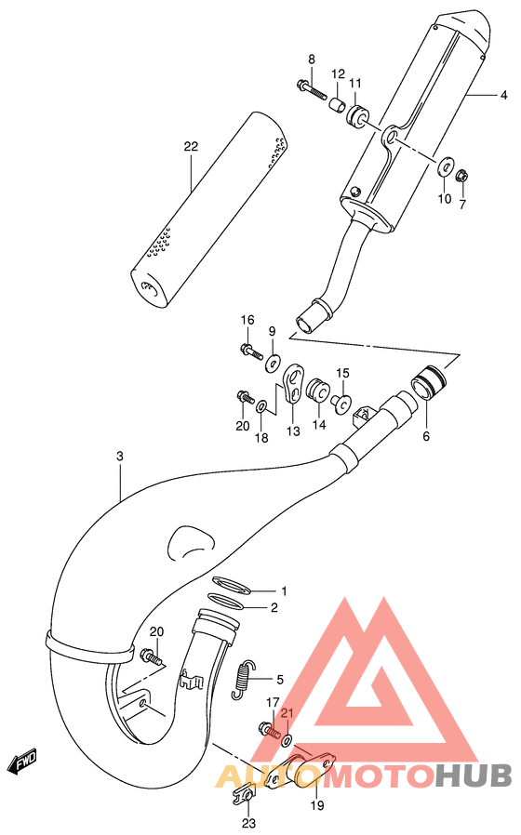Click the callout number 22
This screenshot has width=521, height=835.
(x=191, y=147)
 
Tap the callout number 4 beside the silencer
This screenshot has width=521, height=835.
(x=503, y=95)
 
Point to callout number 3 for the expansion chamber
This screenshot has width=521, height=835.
(x=120, y=457)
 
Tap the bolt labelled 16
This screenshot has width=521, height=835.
(x=249, y=351)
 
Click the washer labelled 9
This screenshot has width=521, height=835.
(x=274, y=361)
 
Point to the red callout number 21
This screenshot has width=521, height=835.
(x=287, y=713)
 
